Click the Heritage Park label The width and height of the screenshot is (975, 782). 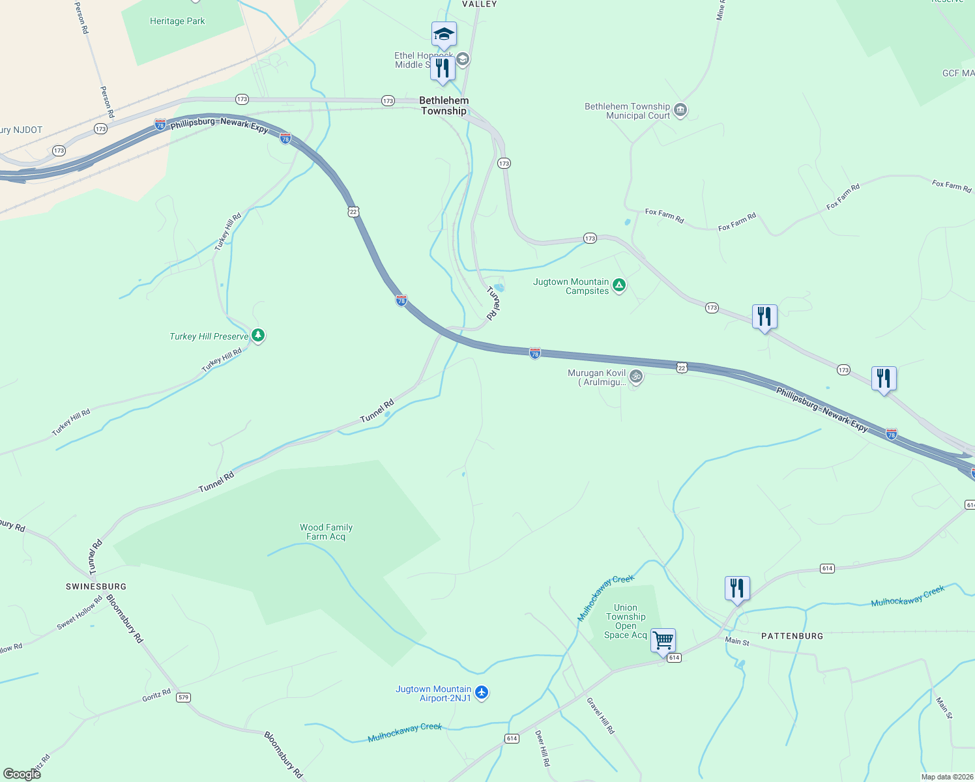click(x=177, y=22)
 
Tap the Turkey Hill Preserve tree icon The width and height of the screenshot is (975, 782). click(x=258, y=336)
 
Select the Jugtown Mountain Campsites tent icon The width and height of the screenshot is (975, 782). click(x=619, y=285)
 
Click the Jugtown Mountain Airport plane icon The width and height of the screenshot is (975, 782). click(x=482, y=692)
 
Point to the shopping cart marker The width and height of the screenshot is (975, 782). click(x=663, y=641)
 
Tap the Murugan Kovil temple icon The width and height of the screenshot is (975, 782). click(x=636, y=376)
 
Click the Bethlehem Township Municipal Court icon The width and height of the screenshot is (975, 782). click(x=680, y=109)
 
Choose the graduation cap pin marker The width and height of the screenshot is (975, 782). click(x=444, y=34)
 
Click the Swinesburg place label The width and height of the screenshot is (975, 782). click(x=96, y=586)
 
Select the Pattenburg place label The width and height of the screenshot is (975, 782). click(x=793, y=636)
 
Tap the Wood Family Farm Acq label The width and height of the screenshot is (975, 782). click(x=326, y=532)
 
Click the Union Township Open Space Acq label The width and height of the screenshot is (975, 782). click(x=626, y=621)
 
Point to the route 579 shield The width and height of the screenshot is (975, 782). click(x=183, y=697)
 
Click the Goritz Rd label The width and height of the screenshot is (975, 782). click(x=156, y=695)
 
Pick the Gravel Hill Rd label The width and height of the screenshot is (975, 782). click(x=600, y=716)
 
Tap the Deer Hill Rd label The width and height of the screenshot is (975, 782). click(x=542, y=747)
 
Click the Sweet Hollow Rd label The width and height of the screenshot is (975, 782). click(x=80, y=613)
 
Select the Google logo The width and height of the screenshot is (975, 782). click(x=22, y=774)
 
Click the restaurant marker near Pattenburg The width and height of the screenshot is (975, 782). click(x=737, y=588)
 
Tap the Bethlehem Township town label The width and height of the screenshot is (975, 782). click(x=444, y=106)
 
